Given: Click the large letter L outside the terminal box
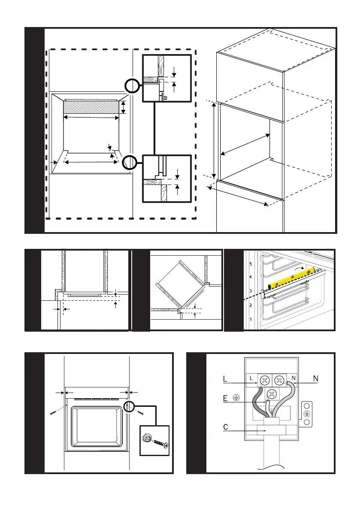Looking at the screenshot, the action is [x=225, y=379].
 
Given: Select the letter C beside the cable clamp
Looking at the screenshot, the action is [x=225, y=427].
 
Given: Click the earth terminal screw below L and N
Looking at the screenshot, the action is [x=271, y=394].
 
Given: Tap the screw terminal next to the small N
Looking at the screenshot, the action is [x=279, y=380].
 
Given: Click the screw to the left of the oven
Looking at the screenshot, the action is [x=52, y=413].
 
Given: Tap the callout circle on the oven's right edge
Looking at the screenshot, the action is [x=128, y=407].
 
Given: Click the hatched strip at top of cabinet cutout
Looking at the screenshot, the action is [x=91, y=107].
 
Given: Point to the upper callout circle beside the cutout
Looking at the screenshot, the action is [x=132, y=87].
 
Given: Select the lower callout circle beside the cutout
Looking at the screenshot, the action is [x=129, y=163].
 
